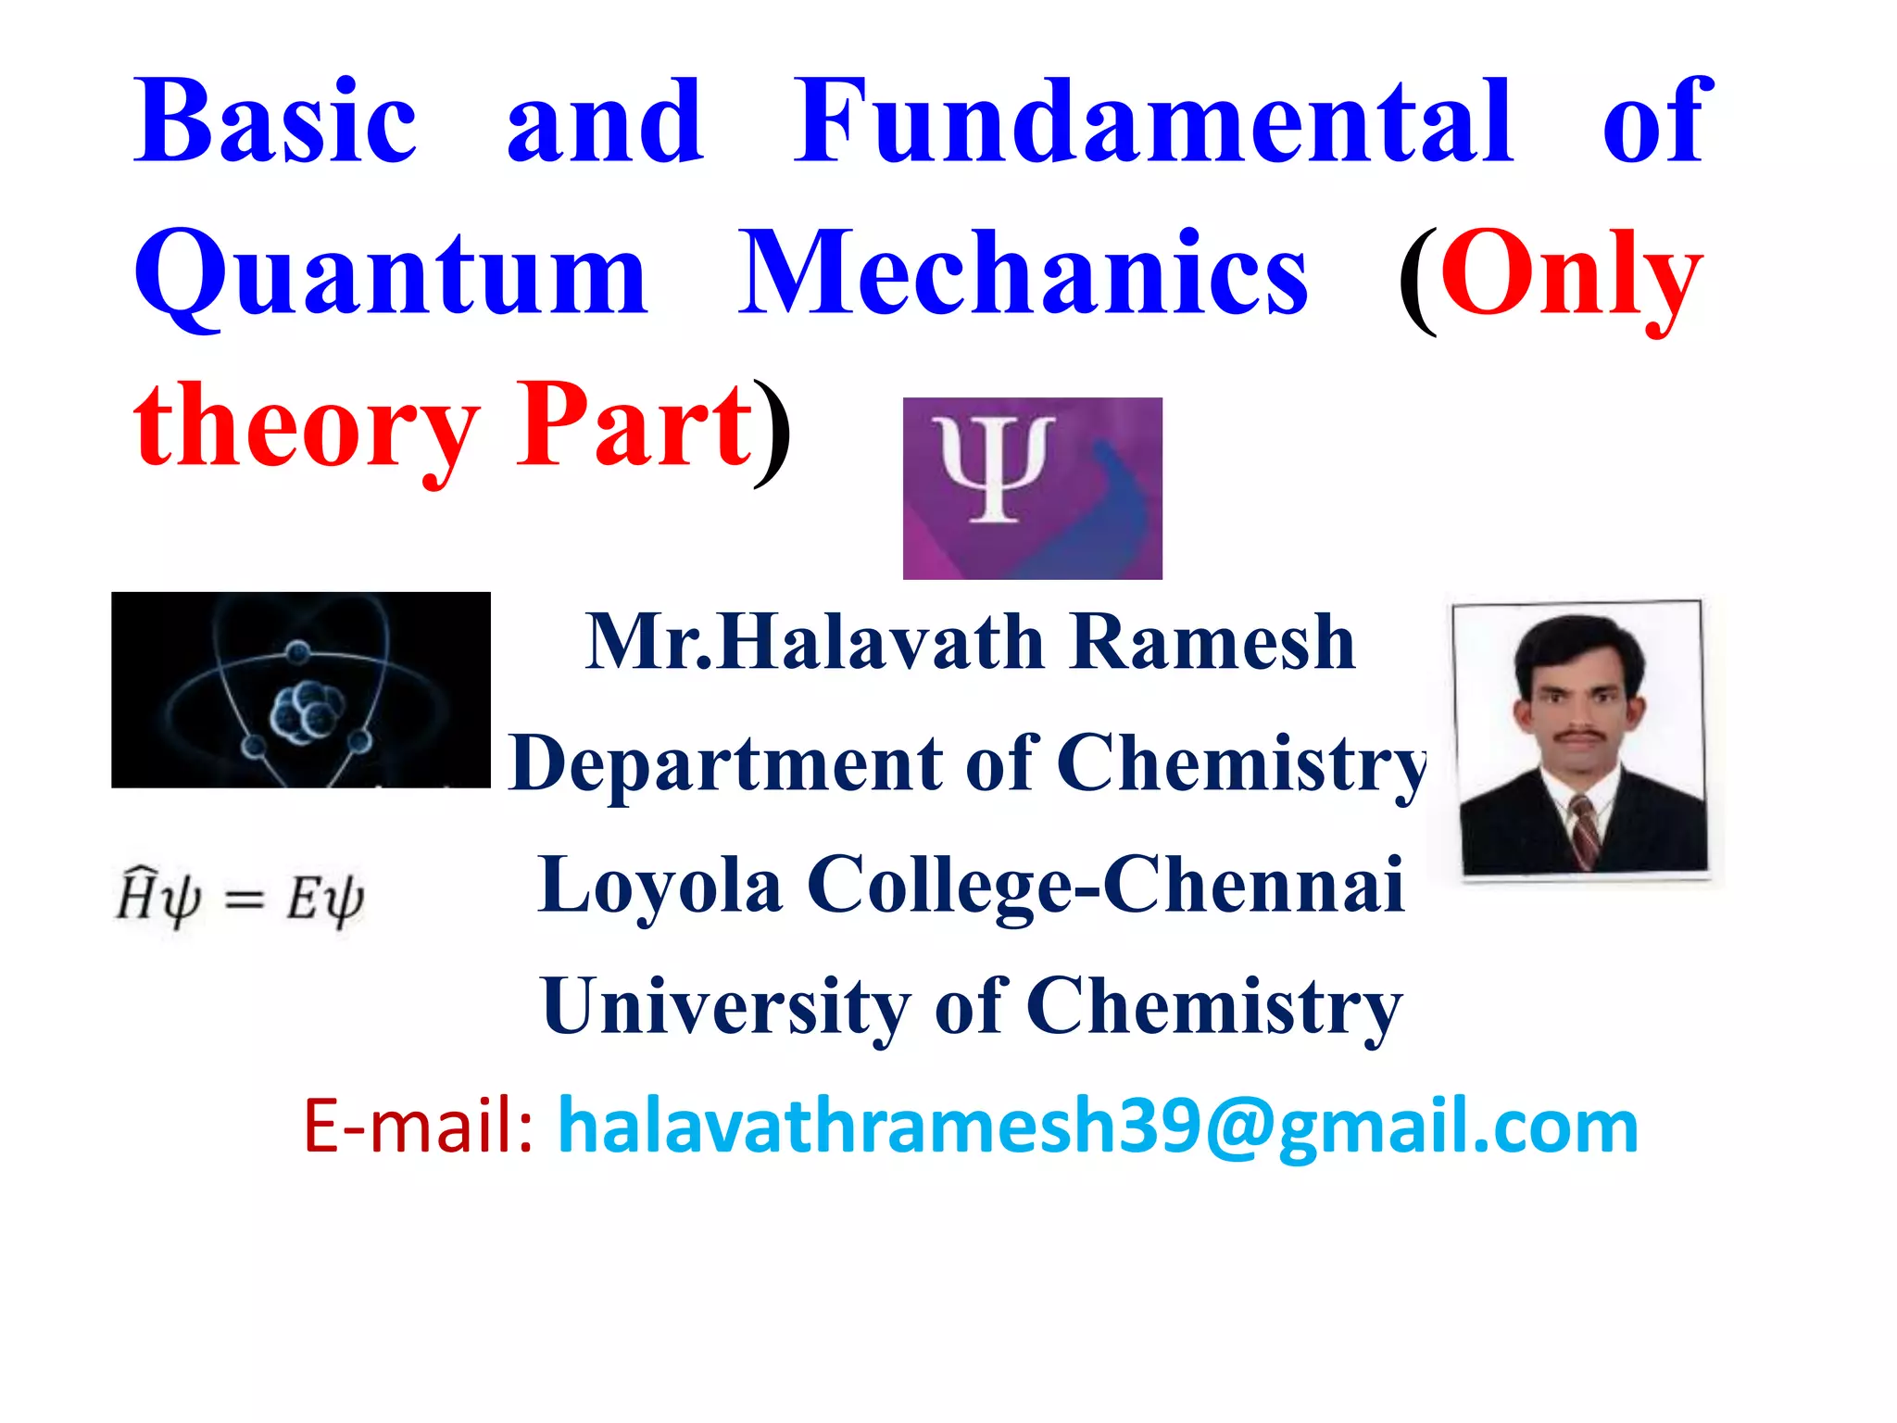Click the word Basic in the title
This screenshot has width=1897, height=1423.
click(x=275, y=123)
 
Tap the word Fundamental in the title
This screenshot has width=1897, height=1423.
click(x=1153, y=123)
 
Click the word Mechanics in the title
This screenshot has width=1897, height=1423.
click(x=1024, y=273)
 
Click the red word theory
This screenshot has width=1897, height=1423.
click(x=306, y=428)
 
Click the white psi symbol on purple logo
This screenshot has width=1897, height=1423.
click(x=993, y=468)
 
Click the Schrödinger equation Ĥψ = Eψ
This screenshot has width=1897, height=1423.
click(x=239, y=897)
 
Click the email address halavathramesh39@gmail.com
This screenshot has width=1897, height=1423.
click(x=1098, y=1126)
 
